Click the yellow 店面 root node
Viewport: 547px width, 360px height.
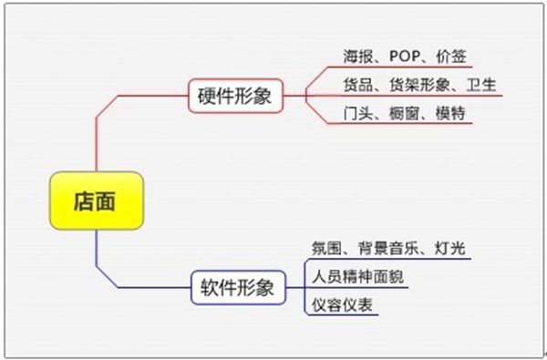coord(97,201)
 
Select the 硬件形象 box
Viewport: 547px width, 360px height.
coord(235,96)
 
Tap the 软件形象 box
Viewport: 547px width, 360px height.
coord(238,288)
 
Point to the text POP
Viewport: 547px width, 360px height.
coord(405,57)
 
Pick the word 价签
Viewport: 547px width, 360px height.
coord(451,57)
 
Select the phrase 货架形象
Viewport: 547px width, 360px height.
coord(419,85)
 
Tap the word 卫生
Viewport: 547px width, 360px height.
coord(481,85)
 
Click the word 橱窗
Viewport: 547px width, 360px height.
coord(404,113)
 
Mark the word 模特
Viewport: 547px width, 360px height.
coord(450,113)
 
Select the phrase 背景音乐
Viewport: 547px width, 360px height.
coord(388,249)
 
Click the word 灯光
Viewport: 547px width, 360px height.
coord(450,249)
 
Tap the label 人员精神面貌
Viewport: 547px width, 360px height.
coord(358,277)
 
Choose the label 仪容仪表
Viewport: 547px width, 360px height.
coord(342,305)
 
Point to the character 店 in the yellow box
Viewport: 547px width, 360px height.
coord(83,201)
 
